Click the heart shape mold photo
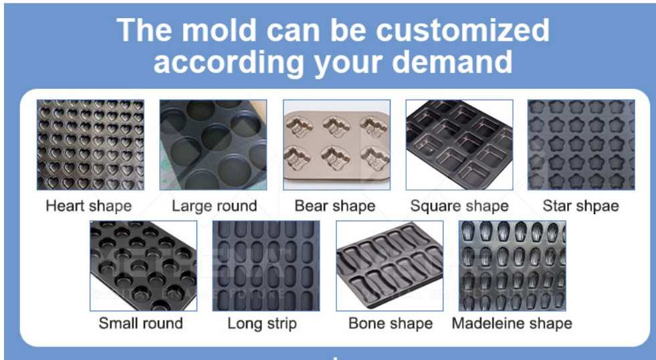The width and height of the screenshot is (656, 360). (x=90, y=145)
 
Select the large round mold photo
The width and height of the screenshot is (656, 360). (x=213, y=145)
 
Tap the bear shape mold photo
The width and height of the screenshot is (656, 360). (x=337, y=145)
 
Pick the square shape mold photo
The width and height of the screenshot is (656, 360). (x=459, y=145)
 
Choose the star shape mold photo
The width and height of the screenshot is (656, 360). (x=581, y=145)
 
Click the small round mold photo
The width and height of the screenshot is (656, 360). (x=144, y=266)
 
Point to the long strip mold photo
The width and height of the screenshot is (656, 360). (x=266, y=266)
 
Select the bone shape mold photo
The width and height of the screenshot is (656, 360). (x=389, y=266)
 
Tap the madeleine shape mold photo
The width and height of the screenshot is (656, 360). (x=512, y=266)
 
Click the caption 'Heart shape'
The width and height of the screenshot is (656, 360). (x=89, y=206)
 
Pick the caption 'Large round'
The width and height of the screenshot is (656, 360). (x=214, y=206)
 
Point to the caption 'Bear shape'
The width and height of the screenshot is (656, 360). (x=335, y=206)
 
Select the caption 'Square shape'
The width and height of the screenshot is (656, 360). (x=459, y=206)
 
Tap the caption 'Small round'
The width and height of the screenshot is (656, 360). (x=141, y=323)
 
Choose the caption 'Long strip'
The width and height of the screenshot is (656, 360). (x=262, y=324)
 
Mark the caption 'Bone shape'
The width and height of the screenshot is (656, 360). (x=391, y=324)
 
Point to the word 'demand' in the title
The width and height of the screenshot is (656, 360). (x=452, y=62)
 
